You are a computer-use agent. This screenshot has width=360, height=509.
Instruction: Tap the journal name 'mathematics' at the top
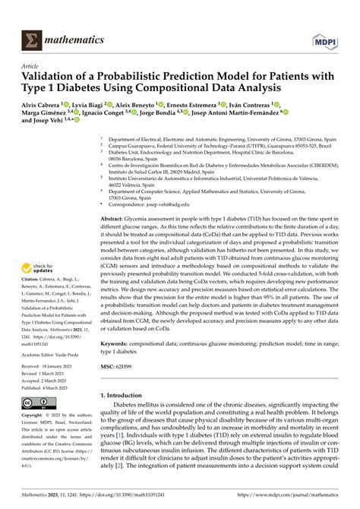(74, 38)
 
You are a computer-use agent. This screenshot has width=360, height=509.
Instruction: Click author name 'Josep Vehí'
(51, 141)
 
